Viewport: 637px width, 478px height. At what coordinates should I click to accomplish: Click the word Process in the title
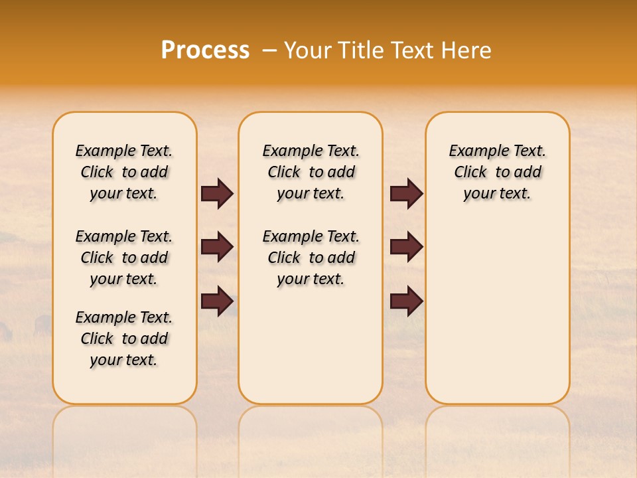pos(205,50)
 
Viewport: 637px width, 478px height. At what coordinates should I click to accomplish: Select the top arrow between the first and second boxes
pos(217,194)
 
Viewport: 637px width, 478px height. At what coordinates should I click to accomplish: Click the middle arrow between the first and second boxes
pos(217,247)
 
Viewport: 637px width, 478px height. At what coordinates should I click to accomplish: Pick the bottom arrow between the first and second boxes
pos(217,301)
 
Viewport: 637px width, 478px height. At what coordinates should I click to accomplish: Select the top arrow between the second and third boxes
pos(406,194)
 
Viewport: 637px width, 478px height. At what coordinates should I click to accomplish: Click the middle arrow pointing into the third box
pos(406,247)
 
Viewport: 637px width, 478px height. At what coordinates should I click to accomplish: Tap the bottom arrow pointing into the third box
pos(406,301)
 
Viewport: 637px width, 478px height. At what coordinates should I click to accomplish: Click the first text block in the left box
pos(124,172)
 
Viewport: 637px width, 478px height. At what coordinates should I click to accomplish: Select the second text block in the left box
pos(124,258)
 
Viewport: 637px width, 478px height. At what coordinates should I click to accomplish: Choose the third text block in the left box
pos(124,339)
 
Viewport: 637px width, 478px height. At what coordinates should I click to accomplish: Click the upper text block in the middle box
pos(311,172)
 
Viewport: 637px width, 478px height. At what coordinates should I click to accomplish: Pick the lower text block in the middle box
pos(311,258)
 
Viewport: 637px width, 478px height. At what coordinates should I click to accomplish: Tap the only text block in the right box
pos(497,172)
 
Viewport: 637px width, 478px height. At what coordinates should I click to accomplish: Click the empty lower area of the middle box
pos(311,345)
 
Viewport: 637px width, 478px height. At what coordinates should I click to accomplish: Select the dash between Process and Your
pos(269,50)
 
